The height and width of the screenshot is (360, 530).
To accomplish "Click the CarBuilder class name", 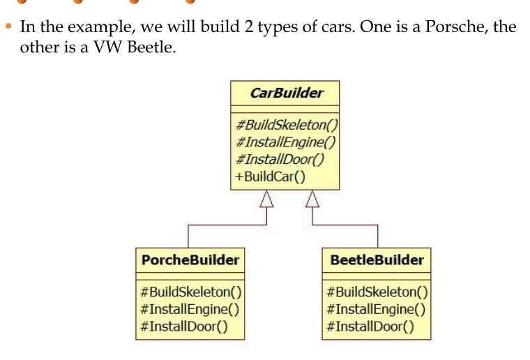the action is tap(287, 93).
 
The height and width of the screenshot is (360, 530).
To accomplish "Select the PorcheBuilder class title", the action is tap(190, 260).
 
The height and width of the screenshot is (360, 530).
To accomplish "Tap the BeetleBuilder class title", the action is tap(377, 260).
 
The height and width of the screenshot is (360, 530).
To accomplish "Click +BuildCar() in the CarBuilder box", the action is tap(270, 177).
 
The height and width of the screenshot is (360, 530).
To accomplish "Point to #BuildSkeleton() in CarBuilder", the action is tap(287, 125).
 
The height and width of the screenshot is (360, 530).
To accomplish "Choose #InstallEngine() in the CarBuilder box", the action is tap(286, 142).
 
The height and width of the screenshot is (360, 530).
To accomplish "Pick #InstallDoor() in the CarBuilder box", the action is tap(280, 159).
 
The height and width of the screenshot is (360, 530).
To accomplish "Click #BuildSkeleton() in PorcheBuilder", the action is tap(191, 292).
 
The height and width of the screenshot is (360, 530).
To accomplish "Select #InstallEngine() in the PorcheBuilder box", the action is tap(190, 309).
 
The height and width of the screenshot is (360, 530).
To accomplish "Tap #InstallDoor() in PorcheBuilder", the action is tap(184, 327).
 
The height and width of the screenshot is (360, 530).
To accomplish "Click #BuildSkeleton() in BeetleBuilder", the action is tap(377, 292).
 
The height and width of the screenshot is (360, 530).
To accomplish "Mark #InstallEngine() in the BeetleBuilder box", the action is tap(376, 309).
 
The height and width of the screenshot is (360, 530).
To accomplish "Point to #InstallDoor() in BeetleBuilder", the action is tap(370, 327).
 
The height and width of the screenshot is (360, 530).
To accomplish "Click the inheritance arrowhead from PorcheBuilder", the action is tap(266, 199).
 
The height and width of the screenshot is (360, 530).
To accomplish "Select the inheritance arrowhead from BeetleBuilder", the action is tap(312, 199).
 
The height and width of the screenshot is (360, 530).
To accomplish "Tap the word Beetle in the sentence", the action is tap(151, 47).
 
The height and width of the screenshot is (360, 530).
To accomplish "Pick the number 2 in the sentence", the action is tap(248, 27).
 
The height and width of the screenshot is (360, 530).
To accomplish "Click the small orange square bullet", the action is tap(9, 26).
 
